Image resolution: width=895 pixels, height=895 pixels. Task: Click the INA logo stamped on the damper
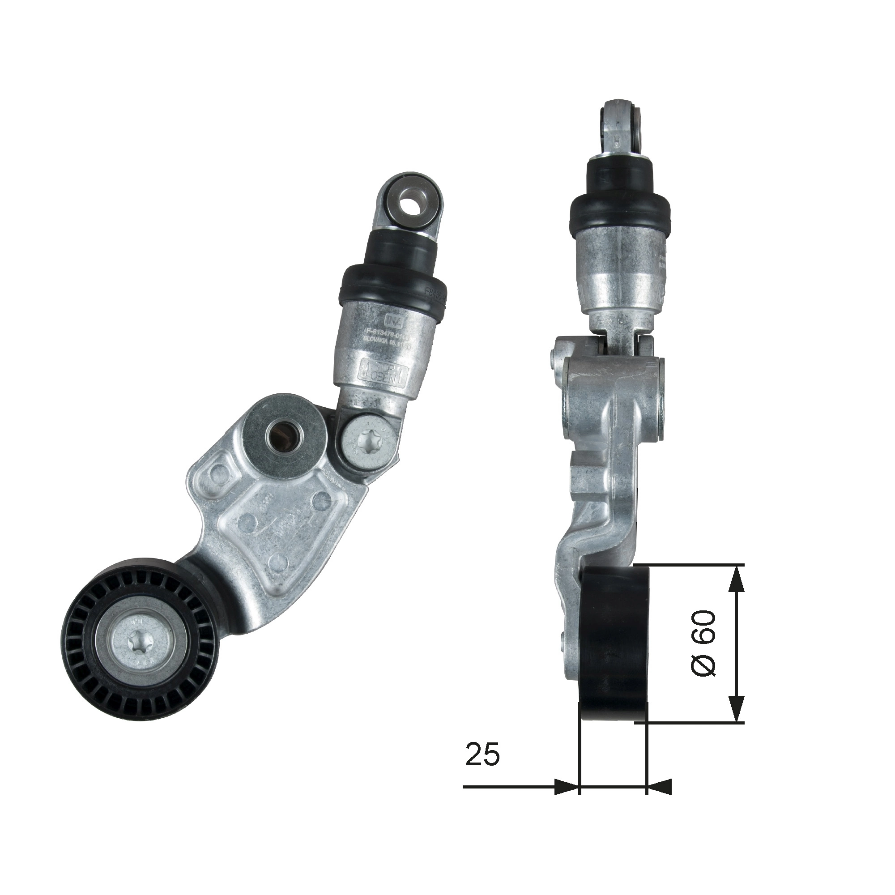click(x=391, y=319)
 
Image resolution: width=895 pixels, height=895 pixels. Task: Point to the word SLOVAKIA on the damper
click(x=379, y=340)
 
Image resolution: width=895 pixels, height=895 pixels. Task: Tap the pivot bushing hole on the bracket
click(x=285, y=435)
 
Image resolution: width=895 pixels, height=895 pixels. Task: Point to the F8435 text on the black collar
click(x=435, y=292)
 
